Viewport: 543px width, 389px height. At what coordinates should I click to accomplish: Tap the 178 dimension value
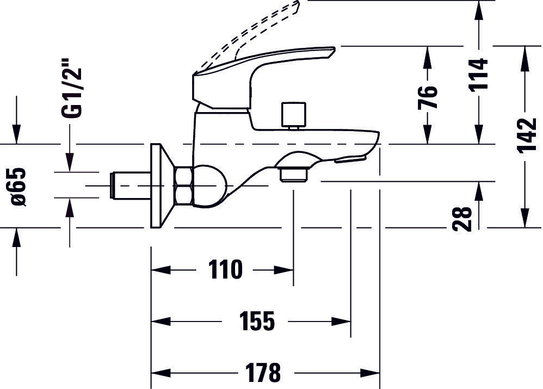[262, 373]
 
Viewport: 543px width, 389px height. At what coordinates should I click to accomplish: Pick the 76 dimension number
[428, 97]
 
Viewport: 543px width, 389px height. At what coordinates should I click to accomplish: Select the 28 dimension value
[462, 218]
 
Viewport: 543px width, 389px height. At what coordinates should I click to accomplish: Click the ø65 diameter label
[18, 186]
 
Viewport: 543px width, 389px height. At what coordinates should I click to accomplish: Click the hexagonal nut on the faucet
[184, 186]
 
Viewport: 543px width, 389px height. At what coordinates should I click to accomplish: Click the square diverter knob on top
[293, 115]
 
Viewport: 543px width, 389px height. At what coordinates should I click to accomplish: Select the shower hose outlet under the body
[293, 172]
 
